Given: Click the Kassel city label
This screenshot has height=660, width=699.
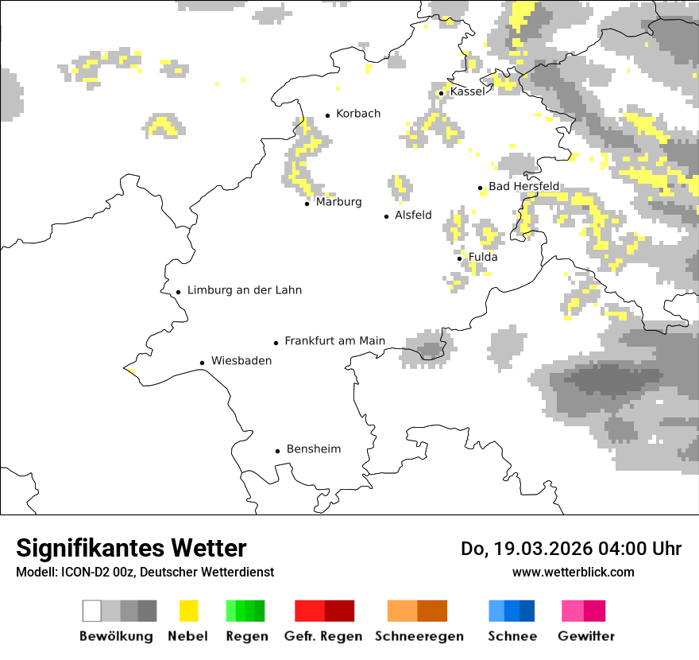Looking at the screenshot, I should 467,91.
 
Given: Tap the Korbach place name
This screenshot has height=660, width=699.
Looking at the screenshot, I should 358,114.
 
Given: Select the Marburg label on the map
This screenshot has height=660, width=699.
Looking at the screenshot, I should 338,202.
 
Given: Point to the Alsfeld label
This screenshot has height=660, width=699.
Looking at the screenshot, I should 413,215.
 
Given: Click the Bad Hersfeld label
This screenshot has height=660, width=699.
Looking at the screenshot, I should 523,186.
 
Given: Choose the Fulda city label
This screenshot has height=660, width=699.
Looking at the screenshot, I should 483,257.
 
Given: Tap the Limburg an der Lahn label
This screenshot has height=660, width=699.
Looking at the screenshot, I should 245,290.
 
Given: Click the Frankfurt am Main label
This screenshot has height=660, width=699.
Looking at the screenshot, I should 334,341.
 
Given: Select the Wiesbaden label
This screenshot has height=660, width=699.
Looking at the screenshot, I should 241,361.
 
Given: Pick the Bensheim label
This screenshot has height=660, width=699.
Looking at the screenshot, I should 314,449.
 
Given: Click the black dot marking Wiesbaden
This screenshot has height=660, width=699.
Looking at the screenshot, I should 203,363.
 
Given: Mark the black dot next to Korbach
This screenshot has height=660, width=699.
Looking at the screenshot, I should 327,115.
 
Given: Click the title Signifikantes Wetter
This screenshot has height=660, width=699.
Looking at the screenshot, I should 131,549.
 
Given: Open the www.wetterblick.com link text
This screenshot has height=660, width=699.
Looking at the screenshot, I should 573,572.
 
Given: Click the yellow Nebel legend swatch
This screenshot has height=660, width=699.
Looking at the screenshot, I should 188,611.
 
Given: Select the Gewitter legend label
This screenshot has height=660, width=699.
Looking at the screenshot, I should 586,636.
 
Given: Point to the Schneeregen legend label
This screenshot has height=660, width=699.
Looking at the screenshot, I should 419,636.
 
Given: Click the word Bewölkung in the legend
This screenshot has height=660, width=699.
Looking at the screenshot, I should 116,636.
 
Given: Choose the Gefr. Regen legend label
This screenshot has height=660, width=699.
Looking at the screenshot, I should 323,636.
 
